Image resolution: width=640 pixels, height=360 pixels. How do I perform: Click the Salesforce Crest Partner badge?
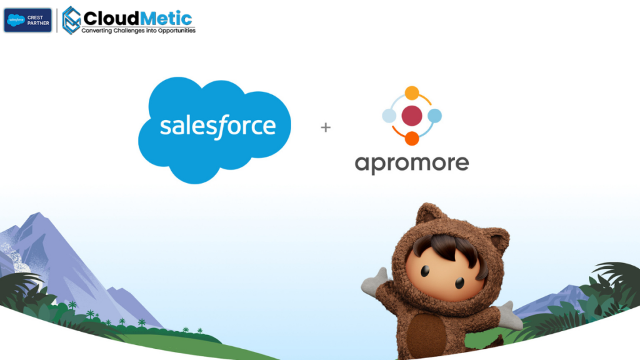tap(27, 20)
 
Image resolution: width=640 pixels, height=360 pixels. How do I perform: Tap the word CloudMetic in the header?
tap(137, 17)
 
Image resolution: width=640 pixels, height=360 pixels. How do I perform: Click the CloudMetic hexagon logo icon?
tap(72, 20)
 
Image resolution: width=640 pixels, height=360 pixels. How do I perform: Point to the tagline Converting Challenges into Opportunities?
tap(138, 30)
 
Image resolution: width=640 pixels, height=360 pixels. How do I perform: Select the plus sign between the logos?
tap(325, 127)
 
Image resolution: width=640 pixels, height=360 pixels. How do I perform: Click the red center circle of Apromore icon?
tap(412, 116)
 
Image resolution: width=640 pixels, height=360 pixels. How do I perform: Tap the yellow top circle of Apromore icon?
tap(412, 92)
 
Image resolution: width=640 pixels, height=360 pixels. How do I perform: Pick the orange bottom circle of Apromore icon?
tap(412, 139)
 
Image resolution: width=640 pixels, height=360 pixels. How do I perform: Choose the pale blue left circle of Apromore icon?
tap(389, 116)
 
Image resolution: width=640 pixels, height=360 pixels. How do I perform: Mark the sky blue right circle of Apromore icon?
tap(435, 116)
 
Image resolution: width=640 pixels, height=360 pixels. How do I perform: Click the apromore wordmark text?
tap(412, 164)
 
